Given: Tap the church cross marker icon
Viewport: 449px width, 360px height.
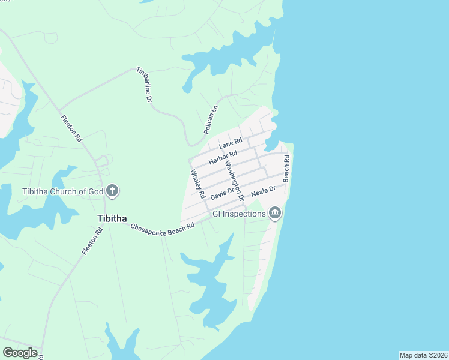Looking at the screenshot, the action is [112, 192].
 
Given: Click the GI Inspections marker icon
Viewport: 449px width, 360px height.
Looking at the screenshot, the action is [275, 213].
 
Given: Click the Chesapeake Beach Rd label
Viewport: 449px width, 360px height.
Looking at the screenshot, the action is [163, 228].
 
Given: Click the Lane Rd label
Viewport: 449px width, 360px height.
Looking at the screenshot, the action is [231, 143].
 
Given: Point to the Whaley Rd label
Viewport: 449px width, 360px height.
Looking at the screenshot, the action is [198, 184].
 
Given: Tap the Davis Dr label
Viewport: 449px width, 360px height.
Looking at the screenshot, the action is [221, 193].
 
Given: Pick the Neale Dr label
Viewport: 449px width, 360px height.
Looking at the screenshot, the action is [263, 191].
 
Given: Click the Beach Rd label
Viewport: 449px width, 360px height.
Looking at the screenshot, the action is [287, 169].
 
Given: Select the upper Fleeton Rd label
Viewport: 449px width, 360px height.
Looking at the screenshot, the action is [71, 128].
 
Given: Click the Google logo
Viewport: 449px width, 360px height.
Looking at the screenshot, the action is [20, 353].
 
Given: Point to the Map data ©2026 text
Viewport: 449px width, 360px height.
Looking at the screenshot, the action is [423, 355].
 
